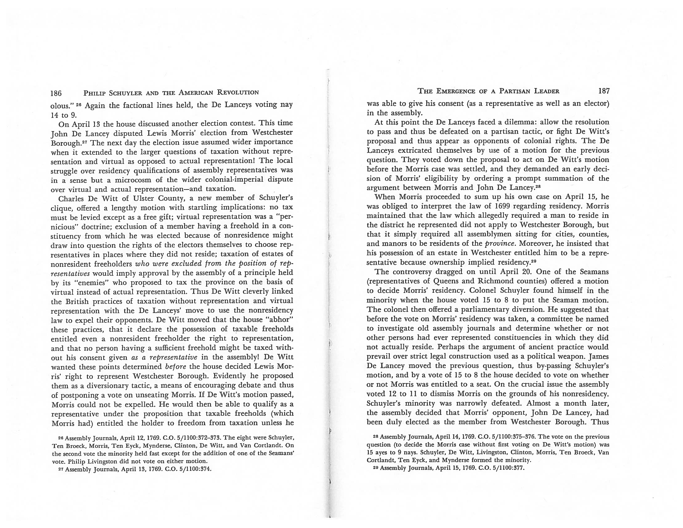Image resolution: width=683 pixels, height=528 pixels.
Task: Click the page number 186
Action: (56, 93)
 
